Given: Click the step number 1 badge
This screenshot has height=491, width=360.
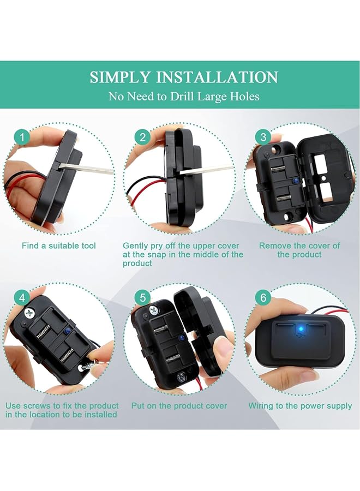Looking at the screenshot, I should click(x=22, y=137).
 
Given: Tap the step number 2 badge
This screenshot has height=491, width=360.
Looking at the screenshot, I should click(x=143, y=137).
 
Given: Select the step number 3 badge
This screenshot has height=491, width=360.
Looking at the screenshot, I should click(x=264, y=137).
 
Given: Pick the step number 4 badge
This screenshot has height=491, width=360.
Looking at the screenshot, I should click(x=22, y=298).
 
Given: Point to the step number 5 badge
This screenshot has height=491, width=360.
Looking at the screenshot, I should click(x=143, y=298).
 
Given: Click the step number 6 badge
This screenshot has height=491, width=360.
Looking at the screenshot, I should click(x=264, y=298).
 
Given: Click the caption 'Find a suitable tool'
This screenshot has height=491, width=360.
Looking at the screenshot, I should click(x=59, y=246).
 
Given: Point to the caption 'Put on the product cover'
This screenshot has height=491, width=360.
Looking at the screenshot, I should click(x=179, y=406).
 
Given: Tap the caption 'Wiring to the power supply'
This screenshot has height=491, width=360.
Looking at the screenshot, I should click(x=300, y=406).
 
